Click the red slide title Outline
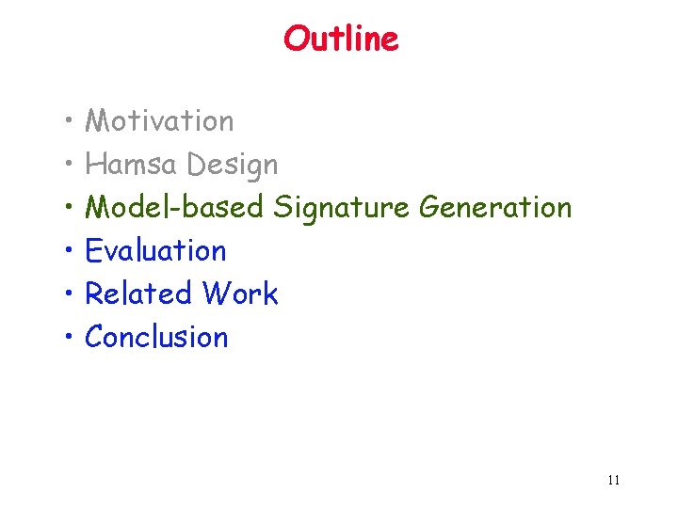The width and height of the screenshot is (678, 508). [x=341, y=39]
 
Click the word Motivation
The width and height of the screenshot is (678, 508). [x=159, y=121]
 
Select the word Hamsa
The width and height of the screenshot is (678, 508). [x=132, y=165]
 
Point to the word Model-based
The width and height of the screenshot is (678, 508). [x=174, y=207]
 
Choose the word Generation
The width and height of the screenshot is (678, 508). [x=495, y=207]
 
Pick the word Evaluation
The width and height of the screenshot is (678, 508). [x=155, y=251]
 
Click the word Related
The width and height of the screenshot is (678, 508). [x=138, y=294]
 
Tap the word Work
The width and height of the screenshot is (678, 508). [x=240, y=294]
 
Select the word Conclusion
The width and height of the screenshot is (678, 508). [x=156, y=337]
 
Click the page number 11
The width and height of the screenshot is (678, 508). [x=613, y=481]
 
